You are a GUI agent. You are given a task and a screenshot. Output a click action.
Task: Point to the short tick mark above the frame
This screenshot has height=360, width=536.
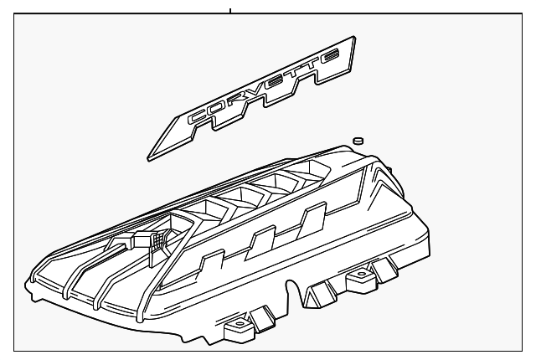pos(229,10)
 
